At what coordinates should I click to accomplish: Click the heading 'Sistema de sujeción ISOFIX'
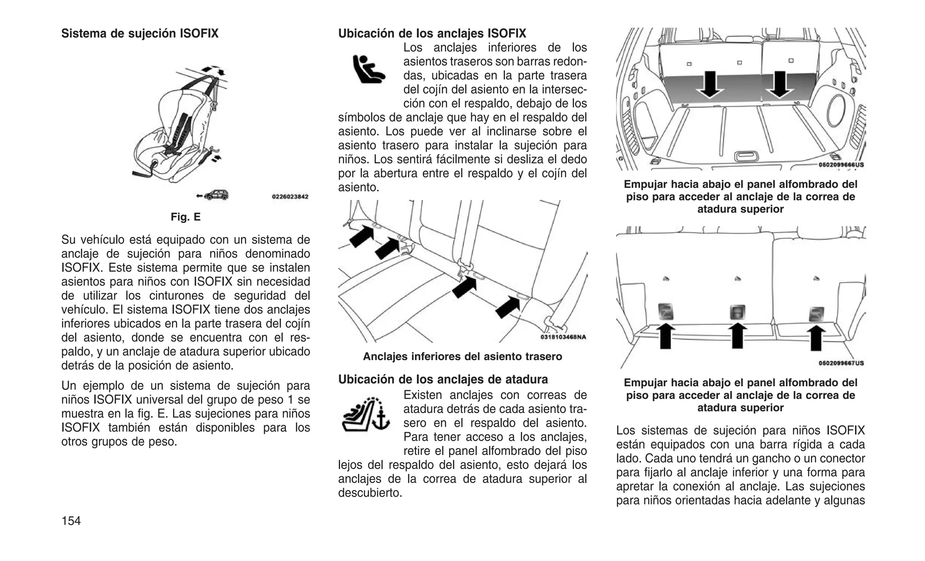(x=140, y=33)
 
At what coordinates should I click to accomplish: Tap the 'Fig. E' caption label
(x=185, y=217)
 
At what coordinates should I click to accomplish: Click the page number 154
(x=71, y=521)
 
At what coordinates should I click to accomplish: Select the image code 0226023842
(x=290, y=197)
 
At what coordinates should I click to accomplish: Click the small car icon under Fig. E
(x=216, y=195)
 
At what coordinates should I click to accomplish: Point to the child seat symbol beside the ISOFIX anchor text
(x=368, y=69)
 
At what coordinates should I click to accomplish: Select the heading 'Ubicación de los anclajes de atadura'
(x=443, y=379)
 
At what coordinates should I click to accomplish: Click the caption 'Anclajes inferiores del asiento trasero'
(x=462, y=357)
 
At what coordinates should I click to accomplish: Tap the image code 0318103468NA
(x=563, y=337)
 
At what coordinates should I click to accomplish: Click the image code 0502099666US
(x=841, y=165)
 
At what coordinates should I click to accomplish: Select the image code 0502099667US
(x=841, y=363)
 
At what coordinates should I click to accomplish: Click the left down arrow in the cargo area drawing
(x=710, y=84)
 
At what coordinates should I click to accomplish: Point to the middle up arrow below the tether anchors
(x=737, y=336)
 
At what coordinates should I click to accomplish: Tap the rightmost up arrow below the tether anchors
(x=816, y=338)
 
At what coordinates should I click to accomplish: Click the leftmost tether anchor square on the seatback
(x=665, y=312)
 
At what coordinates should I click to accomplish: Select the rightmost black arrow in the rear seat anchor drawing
(x=508, y=307)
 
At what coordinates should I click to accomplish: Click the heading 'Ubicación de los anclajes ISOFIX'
(x=432, y=33)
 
